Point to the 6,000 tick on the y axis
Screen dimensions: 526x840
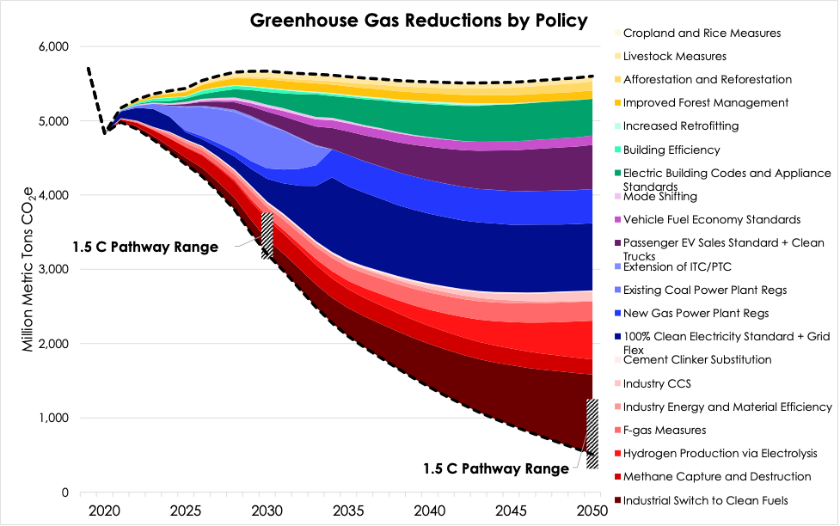tap(53, 46)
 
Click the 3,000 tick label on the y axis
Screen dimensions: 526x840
tap(53, 270)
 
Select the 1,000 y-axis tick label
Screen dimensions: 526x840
tap(53, 419)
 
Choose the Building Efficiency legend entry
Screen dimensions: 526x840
tap(684, 150)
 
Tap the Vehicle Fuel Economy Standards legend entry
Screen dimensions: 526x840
tap(711, 219)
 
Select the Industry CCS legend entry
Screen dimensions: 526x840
tap(669, 383)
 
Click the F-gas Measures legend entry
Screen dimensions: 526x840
tap(676, 430)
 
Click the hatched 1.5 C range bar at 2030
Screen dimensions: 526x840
tap(267, 235)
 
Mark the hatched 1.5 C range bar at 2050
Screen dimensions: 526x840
tap(592, 433)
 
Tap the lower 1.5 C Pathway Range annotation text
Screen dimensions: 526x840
tap(496, 468)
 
